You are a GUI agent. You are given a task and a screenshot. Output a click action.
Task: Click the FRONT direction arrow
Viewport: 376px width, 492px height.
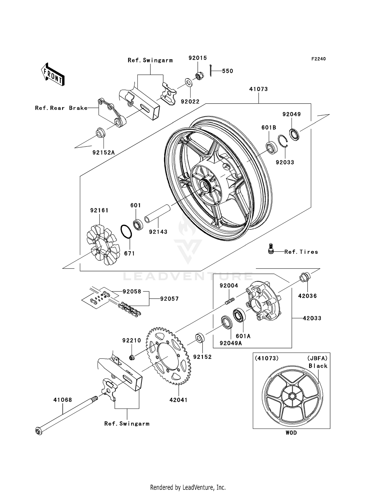pos(53,74)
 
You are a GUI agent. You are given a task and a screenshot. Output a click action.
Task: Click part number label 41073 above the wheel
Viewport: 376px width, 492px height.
pos(258,89)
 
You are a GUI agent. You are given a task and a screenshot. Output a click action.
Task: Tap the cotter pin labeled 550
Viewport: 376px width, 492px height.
pos(211,71)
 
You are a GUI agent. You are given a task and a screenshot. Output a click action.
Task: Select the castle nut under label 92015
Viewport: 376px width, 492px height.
pos(199,76)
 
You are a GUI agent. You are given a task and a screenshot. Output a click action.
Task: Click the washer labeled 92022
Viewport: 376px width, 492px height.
pos(188,82)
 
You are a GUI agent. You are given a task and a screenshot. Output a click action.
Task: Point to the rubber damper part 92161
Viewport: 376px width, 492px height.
pos(102,245)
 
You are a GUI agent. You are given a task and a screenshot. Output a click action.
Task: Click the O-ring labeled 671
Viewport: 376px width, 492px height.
pos(126,231)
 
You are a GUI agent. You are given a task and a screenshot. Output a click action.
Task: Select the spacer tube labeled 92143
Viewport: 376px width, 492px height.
pos(157,214)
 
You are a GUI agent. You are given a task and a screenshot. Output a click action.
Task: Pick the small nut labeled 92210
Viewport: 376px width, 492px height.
pos(132,357)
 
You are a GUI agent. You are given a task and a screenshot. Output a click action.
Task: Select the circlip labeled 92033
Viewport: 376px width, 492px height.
pos(283,141)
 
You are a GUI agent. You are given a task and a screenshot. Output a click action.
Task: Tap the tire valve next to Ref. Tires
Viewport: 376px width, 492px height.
pos(270,249)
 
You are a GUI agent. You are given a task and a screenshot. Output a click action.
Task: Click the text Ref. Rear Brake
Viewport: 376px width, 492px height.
pos(61,108)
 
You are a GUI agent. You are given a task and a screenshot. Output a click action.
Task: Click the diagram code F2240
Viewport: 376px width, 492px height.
pos(319,59)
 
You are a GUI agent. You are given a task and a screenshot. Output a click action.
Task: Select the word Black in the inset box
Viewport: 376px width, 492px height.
pos(318,366)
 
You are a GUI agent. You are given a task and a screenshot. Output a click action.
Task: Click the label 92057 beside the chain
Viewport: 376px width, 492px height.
pos(169,299)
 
